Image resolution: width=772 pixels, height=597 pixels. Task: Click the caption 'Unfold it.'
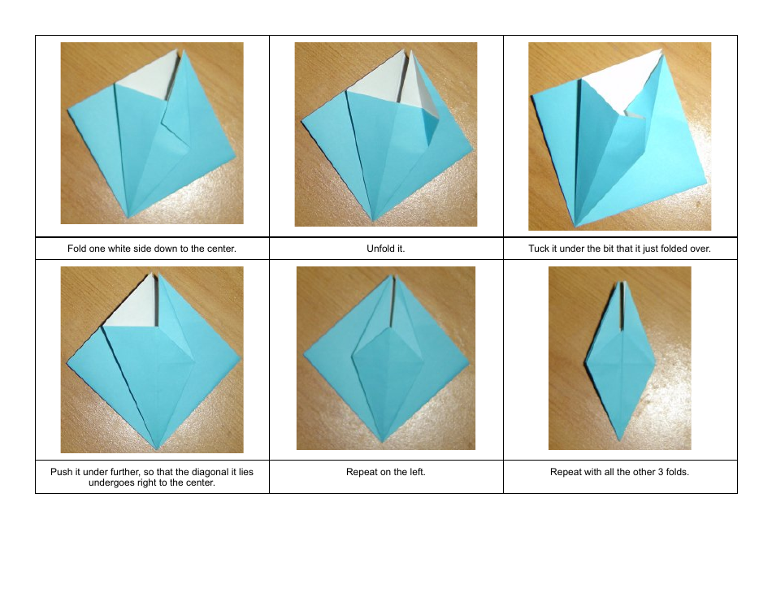coord(385,249)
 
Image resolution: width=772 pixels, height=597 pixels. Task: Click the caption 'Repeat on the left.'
coord(385,472)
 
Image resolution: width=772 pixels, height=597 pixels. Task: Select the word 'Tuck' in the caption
coord(539,249)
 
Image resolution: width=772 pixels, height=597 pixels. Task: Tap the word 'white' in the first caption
coord(127,249)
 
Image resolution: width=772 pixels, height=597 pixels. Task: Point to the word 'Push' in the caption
coord(61,472)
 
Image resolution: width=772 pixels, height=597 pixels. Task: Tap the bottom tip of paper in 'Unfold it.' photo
coord(373,220)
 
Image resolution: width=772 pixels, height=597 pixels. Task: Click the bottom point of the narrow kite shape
coord(619,441)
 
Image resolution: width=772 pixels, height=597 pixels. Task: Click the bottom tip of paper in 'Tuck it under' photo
coord(575,225)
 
